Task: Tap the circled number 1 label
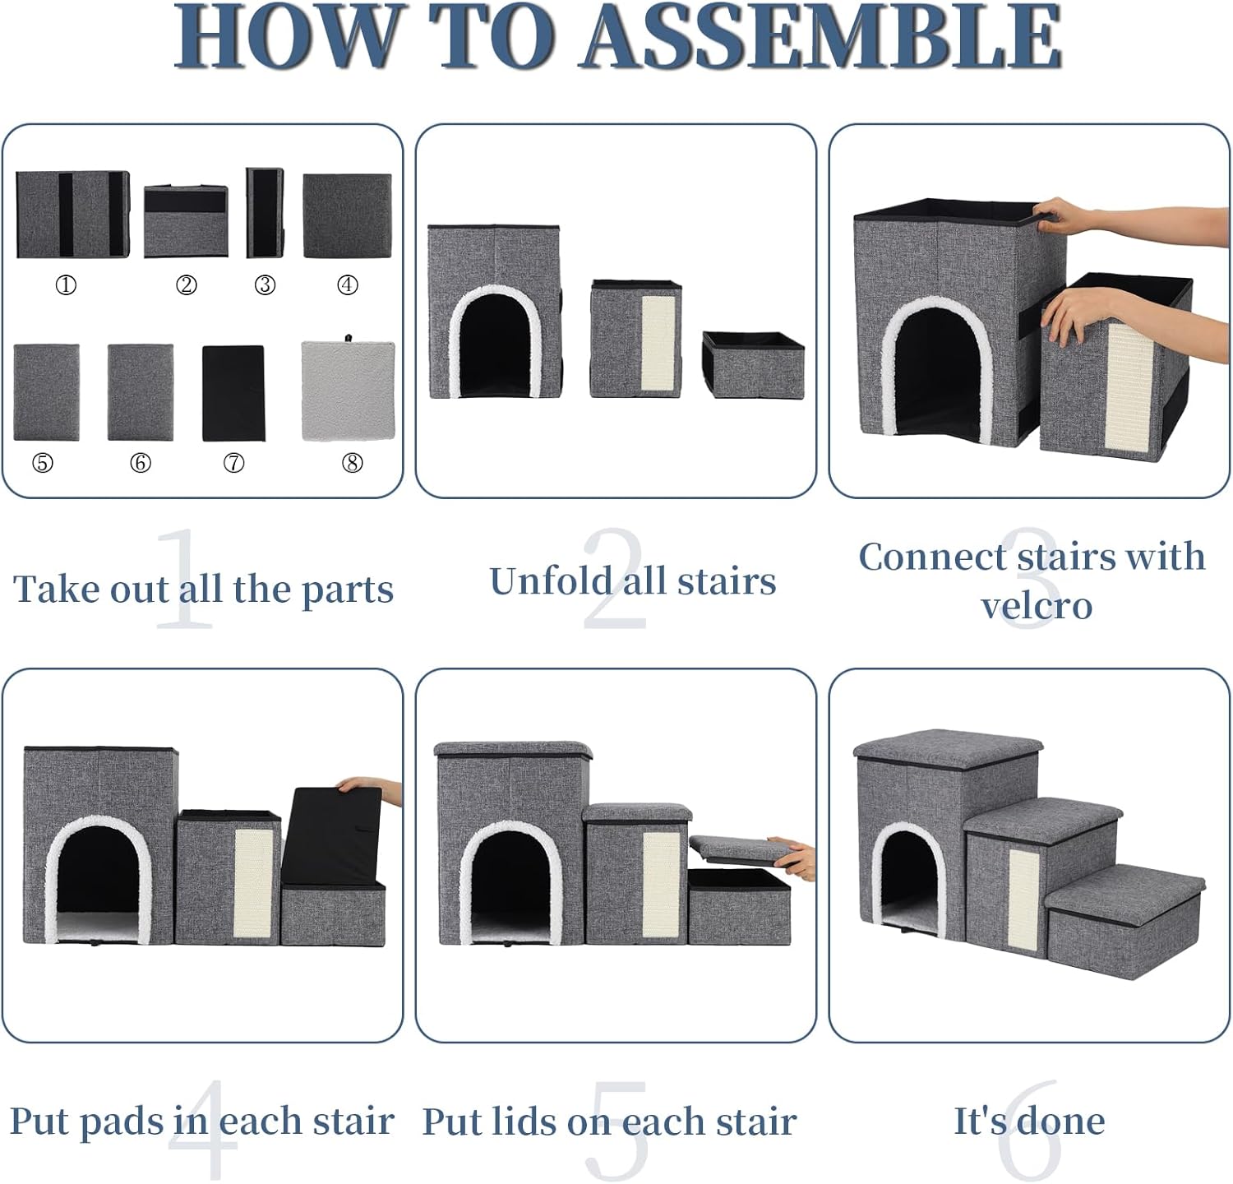tap(66, 285)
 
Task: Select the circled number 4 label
tap(348, 285)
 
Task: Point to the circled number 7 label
tap(234, 464)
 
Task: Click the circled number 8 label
tap(353, 464)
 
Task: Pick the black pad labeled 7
tap(233, 393)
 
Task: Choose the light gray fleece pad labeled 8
tap(349, 390)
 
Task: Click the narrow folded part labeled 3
tap(266, 213)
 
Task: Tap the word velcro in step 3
tap(1037, 606)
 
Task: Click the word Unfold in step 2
tap(551, 580)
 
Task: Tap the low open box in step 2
tap(754, 364)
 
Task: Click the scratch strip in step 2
tap(658, 347)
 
